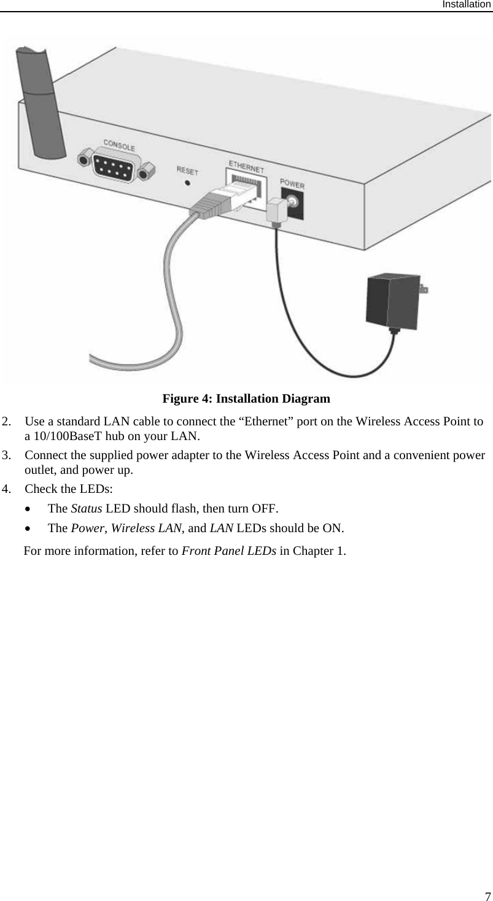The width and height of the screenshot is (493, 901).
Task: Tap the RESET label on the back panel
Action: point(187,169)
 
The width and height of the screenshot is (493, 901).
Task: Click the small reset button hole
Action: point(187,182)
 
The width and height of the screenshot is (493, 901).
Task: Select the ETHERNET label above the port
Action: point(246,166)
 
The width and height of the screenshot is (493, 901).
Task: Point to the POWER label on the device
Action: point(292,184)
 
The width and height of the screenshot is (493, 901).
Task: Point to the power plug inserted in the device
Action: point(280,208)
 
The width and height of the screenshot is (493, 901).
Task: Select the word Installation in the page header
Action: point(467,4)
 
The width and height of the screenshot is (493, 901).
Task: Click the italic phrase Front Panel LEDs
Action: point(229,550)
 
